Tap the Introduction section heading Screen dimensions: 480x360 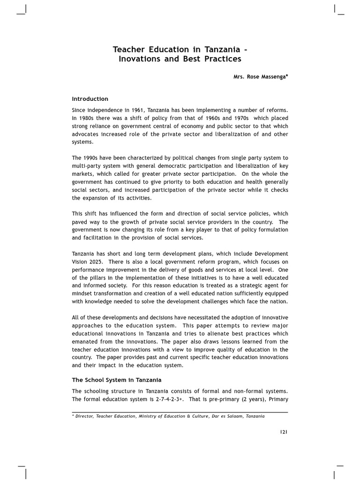(x=90, y=99)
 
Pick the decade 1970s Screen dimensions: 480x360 (x=239, y=118)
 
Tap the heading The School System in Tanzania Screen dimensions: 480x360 (x=116, y=380)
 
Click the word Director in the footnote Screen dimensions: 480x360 (x=84, y=416)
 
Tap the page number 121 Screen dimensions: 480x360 (x=284, y=432)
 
